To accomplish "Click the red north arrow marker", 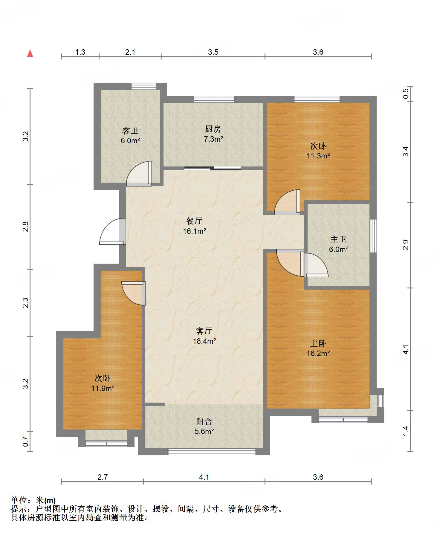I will (30, 54).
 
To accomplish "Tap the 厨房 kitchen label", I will (213, 129).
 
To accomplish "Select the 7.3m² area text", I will (213, 139).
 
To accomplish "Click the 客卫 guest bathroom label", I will (130, 131).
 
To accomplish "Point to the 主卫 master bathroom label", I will (338, 239).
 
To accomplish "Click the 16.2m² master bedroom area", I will (318, 353).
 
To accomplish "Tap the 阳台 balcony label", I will (204, 421).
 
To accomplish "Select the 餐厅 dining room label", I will (194, 221).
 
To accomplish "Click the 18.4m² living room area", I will (204, 341).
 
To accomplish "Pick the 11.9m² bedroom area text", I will (103, 388).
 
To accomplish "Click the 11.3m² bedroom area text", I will (318, 156).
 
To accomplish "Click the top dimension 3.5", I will (213, 52).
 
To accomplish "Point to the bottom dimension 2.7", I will (103, 477).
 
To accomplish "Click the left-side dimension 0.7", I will (26, 441).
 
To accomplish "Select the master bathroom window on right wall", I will (373, 236).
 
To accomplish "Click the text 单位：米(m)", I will (33, 500).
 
